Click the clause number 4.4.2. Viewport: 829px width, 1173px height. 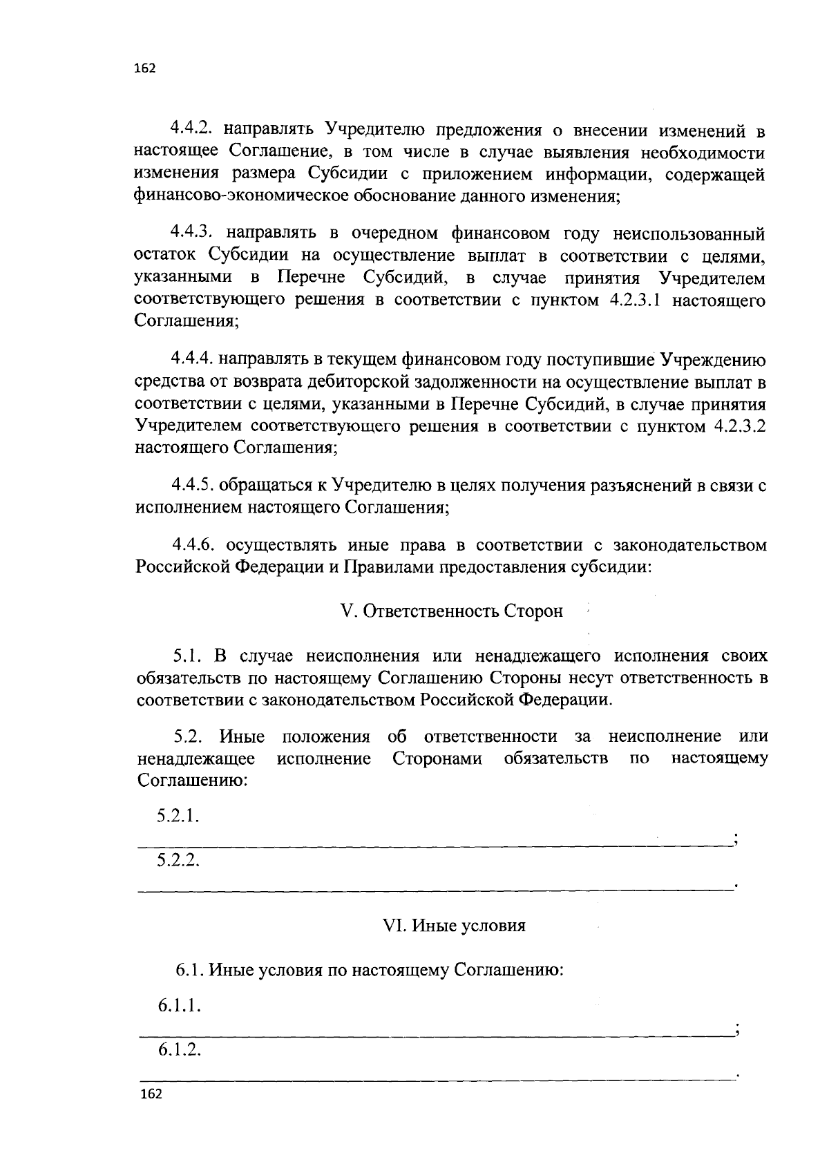coord(194,129)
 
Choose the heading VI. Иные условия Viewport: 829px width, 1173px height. coord(454,926)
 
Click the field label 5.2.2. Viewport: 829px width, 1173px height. coord(178,860)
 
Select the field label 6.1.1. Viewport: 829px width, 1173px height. coord(179,1006)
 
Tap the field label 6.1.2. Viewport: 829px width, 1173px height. coord(179,1051)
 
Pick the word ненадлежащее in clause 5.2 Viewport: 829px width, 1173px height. coord(196,759)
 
